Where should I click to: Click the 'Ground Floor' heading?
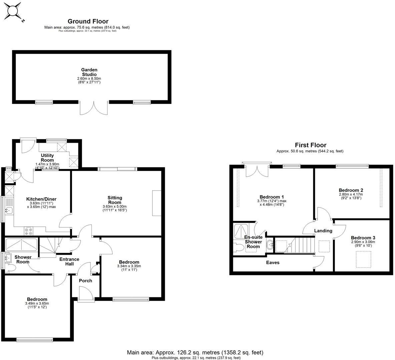tap(88, 22)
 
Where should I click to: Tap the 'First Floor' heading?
tap(310, 145)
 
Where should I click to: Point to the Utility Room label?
tap(47, 158)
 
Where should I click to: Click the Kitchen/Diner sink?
tap(9, 210)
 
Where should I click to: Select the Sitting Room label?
tap(115, 200)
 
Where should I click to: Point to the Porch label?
tap(85, 281)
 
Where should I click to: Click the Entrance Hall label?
tap(69, 261)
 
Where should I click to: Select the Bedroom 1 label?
tap(272, 197)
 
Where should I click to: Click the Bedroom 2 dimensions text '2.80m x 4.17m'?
tap(351, 194)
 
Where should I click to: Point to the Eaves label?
tap(273, 263)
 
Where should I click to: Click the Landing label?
tap(323, 231)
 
